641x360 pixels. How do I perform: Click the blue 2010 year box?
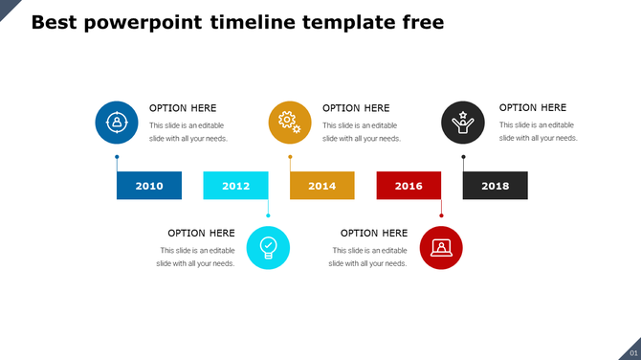click(149, 186)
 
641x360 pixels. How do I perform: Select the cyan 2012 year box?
click(235, 186)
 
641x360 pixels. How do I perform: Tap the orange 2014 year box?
click(322, 186)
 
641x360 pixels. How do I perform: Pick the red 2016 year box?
click(409, 186)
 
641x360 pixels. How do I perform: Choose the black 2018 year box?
click(496, 186)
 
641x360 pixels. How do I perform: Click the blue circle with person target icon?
click(117, 123)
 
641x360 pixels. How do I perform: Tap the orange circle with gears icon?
click(290, 123)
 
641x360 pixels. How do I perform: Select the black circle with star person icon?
click(463, 123)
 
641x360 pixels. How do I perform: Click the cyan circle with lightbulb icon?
click(268, 247)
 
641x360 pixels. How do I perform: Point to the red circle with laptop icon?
click(441, 247)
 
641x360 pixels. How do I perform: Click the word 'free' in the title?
click(421, 22)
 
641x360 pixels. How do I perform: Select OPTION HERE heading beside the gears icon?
click(356, 108)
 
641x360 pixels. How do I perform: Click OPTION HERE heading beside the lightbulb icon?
click(201, 233)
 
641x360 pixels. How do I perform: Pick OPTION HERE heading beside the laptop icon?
click(374, 233)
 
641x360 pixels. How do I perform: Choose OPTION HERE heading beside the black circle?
click(533, 108)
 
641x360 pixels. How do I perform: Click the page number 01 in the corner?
click(631, 352)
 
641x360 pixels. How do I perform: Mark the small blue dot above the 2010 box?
click(117, 156)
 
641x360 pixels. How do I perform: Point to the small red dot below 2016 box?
click(441, 215)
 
